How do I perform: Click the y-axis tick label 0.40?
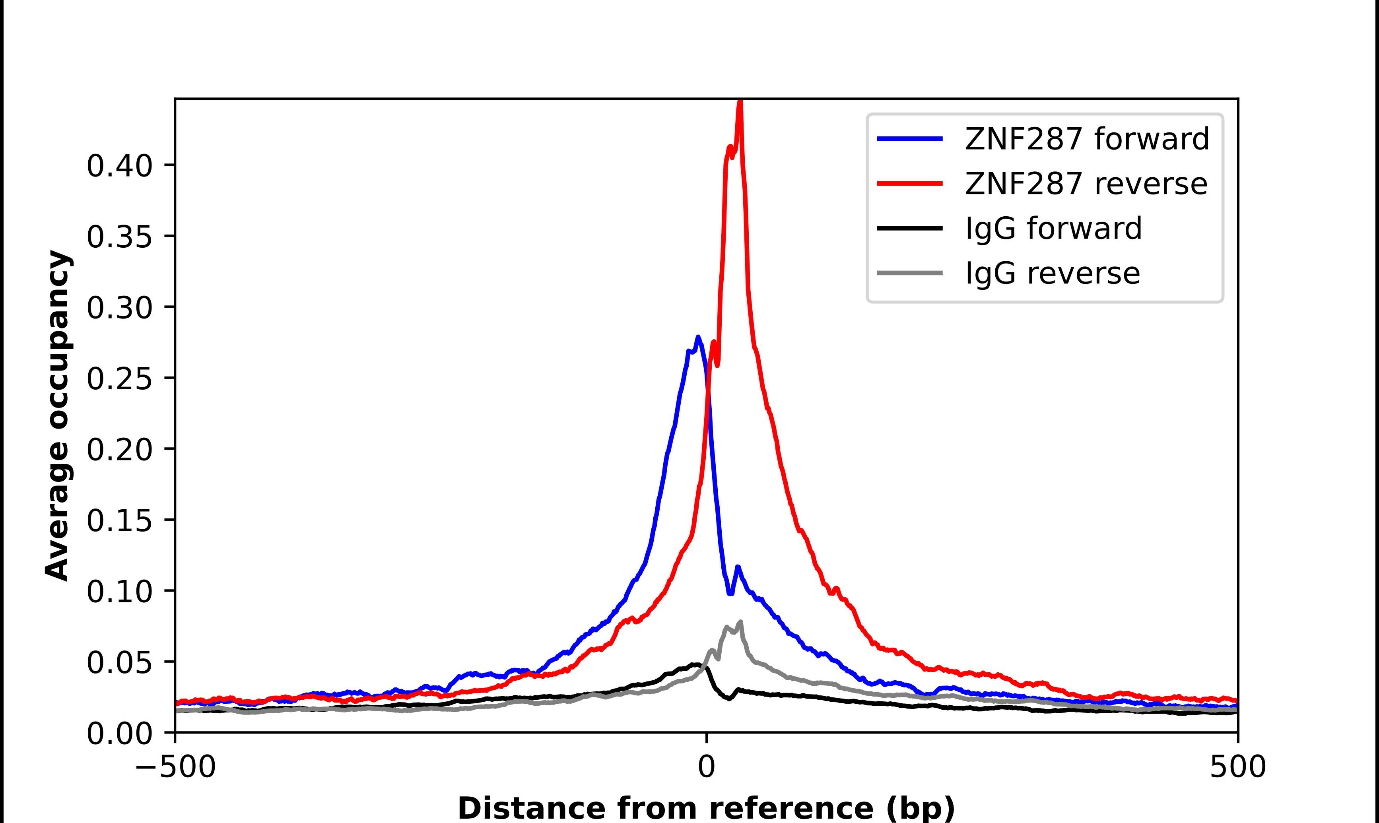119,166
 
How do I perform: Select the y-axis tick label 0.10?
119,591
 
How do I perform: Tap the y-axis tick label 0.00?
119,733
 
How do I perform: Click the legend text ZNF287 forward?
1087,139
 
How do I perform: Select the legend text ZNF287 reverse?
1086,184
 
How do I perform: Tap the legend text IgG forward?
1053,228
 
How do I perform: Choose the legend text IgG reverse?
1053,273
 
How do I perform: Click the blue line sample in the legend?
909,139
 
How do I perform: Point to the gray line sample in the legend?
909,273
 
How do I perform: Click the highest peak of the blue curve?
698,337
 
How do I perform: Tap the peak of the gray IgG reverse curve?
741,622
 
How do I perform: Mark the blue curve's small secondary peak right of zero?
738,567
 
